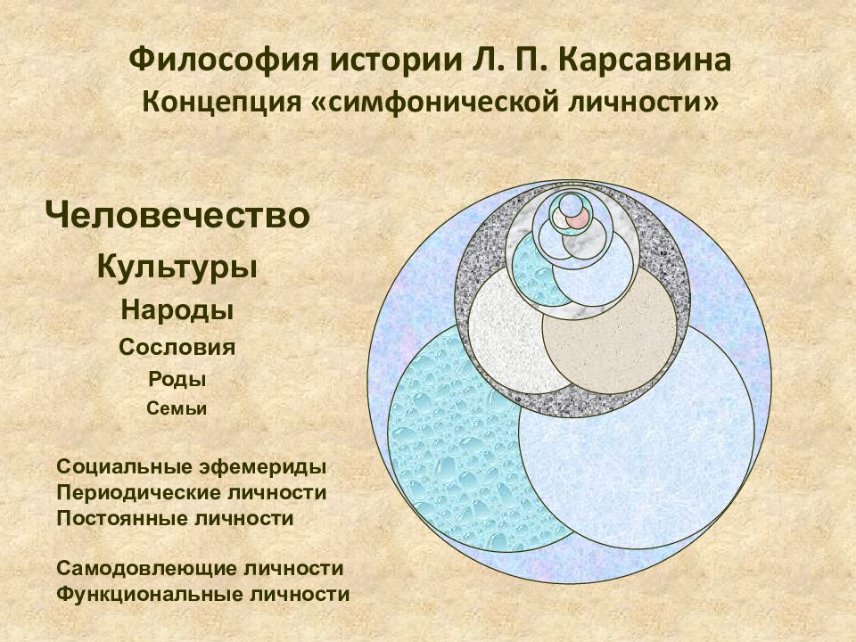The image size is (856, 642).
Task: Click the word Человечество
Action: [178, 215]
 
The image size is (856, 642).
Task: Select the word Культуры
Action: [177, 267]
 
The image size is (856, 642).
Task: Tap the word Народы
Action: [177, 310]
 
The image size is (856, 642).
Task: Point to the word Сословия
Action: [177, 347]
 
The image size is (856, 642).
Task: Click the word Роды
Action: [177, 379]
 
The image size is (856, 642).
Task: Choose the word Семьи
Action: [177, 408]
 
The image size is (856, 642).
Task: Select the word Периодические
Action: [133, 493]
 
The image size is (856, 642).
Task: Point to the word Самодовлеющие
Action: [145, 568]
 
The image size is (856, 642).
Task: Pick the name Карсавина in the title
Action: [645, 60]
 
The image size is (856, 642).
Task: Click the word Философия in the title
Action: [223, 61]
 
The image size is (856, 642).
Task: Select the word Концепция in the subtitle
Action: [222, 103]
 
